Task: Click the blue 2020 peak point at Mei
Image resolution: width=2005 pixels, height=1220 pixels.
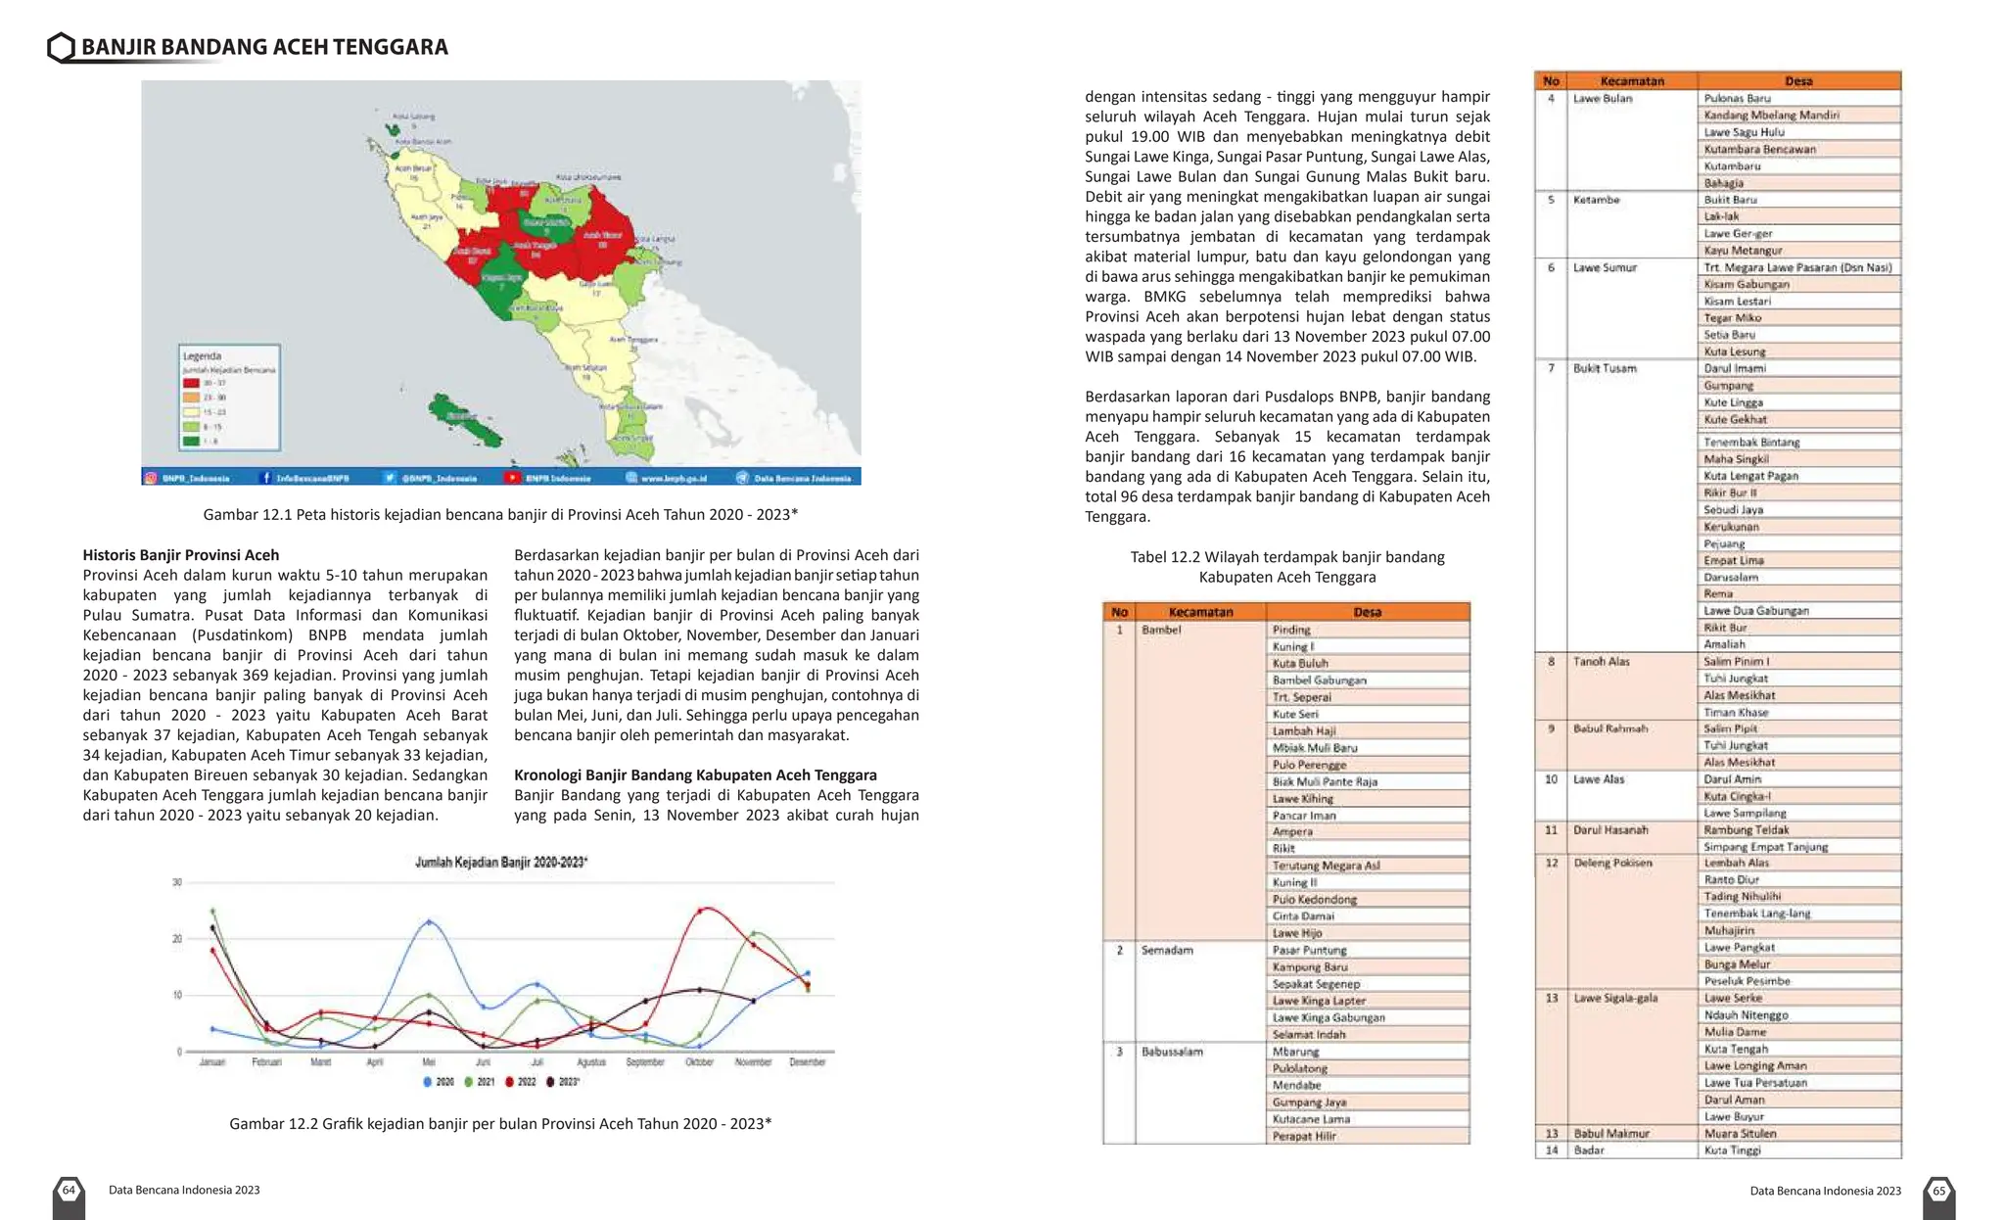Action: coord(429,922)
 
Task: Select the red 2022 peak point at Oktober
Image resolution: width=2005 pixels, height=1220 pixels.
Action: coord(700,911)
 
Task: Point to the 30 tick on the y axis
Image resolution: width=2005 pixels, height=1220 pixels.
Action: coord(177,882)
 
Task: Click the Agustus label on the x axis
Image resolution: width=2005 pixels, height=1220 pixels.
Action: coord(591,1062)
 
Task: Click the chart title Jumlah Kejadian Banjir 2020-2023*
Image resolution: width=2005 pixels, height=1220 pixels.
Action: coord(501,863)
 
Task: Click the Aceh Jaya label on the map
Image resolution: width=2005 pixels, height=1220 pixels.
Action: coord(426,217)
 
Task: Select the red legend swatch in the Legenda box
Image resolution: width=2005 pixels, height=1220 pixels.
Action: coord(192,383)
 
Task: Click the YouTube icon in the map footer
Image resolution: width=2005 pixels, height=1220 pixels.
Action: coord(512,478)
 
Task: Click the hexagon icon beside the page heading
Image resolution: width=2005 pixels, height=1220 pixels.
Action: coord(61,47)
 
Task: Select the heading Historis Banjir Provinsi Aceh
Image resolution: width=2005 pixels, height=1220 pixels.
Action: coord(180,555)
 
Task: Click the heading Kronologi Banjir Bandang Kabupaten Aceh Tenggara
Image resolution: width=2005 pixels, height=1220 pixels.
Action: coord(695,774)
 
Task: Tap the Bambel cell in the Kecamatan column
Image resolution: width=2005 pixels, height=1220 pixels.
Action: coord(1161,630)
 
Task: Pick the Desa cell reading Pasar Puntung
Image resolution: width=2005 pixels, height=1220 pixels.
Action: coord(1309,950)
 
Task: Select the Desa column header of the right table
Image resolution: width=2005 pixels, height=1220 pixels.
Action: coord(1798,81)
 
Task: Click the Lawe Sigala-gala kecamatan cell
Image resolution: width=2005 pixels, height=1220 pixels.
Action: coord(1615,998)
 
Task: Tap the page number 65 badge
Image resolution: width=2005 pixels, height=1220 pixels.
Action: coord(1938,1192)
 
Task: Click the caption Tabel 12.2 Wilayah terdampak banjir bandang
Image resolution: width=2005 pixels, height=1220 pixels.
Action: coord(1286,557)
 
